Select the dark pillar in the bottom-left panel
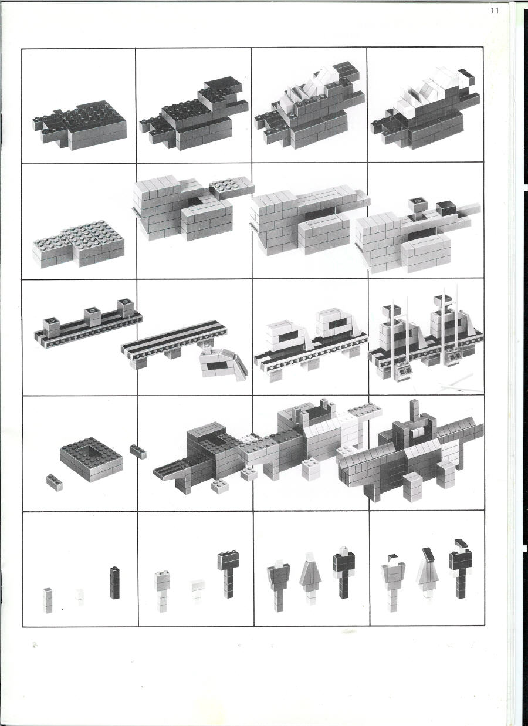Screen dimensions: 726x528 click(x=114, y=582)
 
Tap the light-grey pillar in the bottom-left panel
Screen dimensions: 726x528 click(x=48, y=600)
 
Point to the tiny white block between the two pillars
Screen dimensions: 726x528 click(x=80, y=595)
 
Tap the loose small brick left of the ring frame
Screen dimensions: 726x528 click(x=55, y=480)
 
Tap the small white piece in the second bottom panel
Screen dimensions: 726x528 click(x=198, y=589)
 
